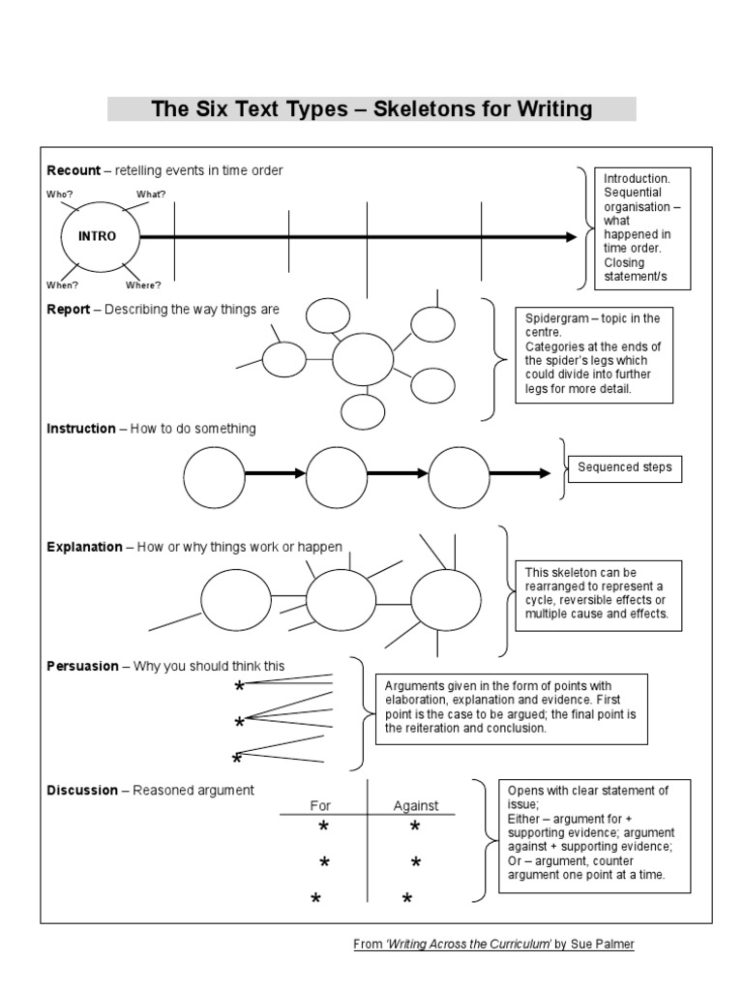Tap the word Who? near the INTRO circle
[60, 195]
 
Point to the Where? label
[143, 285]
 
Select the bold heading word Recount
[74, 170]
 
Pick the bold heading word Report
[68, 310]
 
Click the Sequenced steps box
[624, 467]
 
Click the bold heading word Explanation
[84, 547]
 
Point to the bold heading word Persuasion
[82, 666]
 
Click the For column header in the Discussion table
[320, 805]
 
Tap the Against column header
[416, 805]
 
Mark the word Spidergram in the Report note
[556, 318]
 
